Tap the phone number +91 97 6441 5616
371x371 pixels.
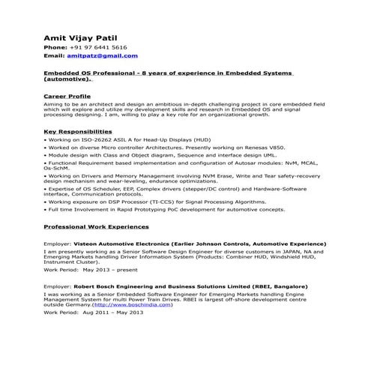click(x=102, y=47)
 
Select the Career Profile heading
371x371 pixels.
click(x=67, y=97)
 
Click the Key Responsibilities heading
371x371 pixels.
click(x=78, y=132)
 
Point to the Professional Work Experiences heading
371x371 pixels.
click(x=96, y=226)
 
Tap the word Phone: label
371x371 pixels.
click(x=55, y=47)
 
